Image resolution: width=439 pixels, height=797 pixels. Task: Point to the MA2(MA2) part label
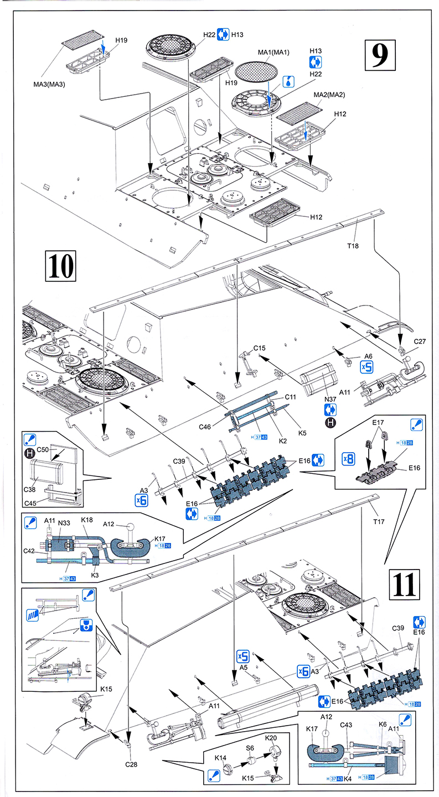(x=329, y=95)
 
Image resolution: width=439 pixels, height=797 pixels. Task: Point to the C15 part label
(x=260, y=348)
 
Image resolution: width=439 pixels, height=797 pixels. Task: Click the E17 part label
(x=379, y=422)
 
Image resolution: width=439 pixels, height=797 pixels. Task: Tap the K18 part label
(x=86, y=521)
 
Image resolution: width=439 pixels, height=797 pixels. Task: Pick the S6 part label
(x=250, y=748)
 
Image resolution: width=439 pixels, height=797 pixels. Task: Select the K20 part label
(x=271, y=738)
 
